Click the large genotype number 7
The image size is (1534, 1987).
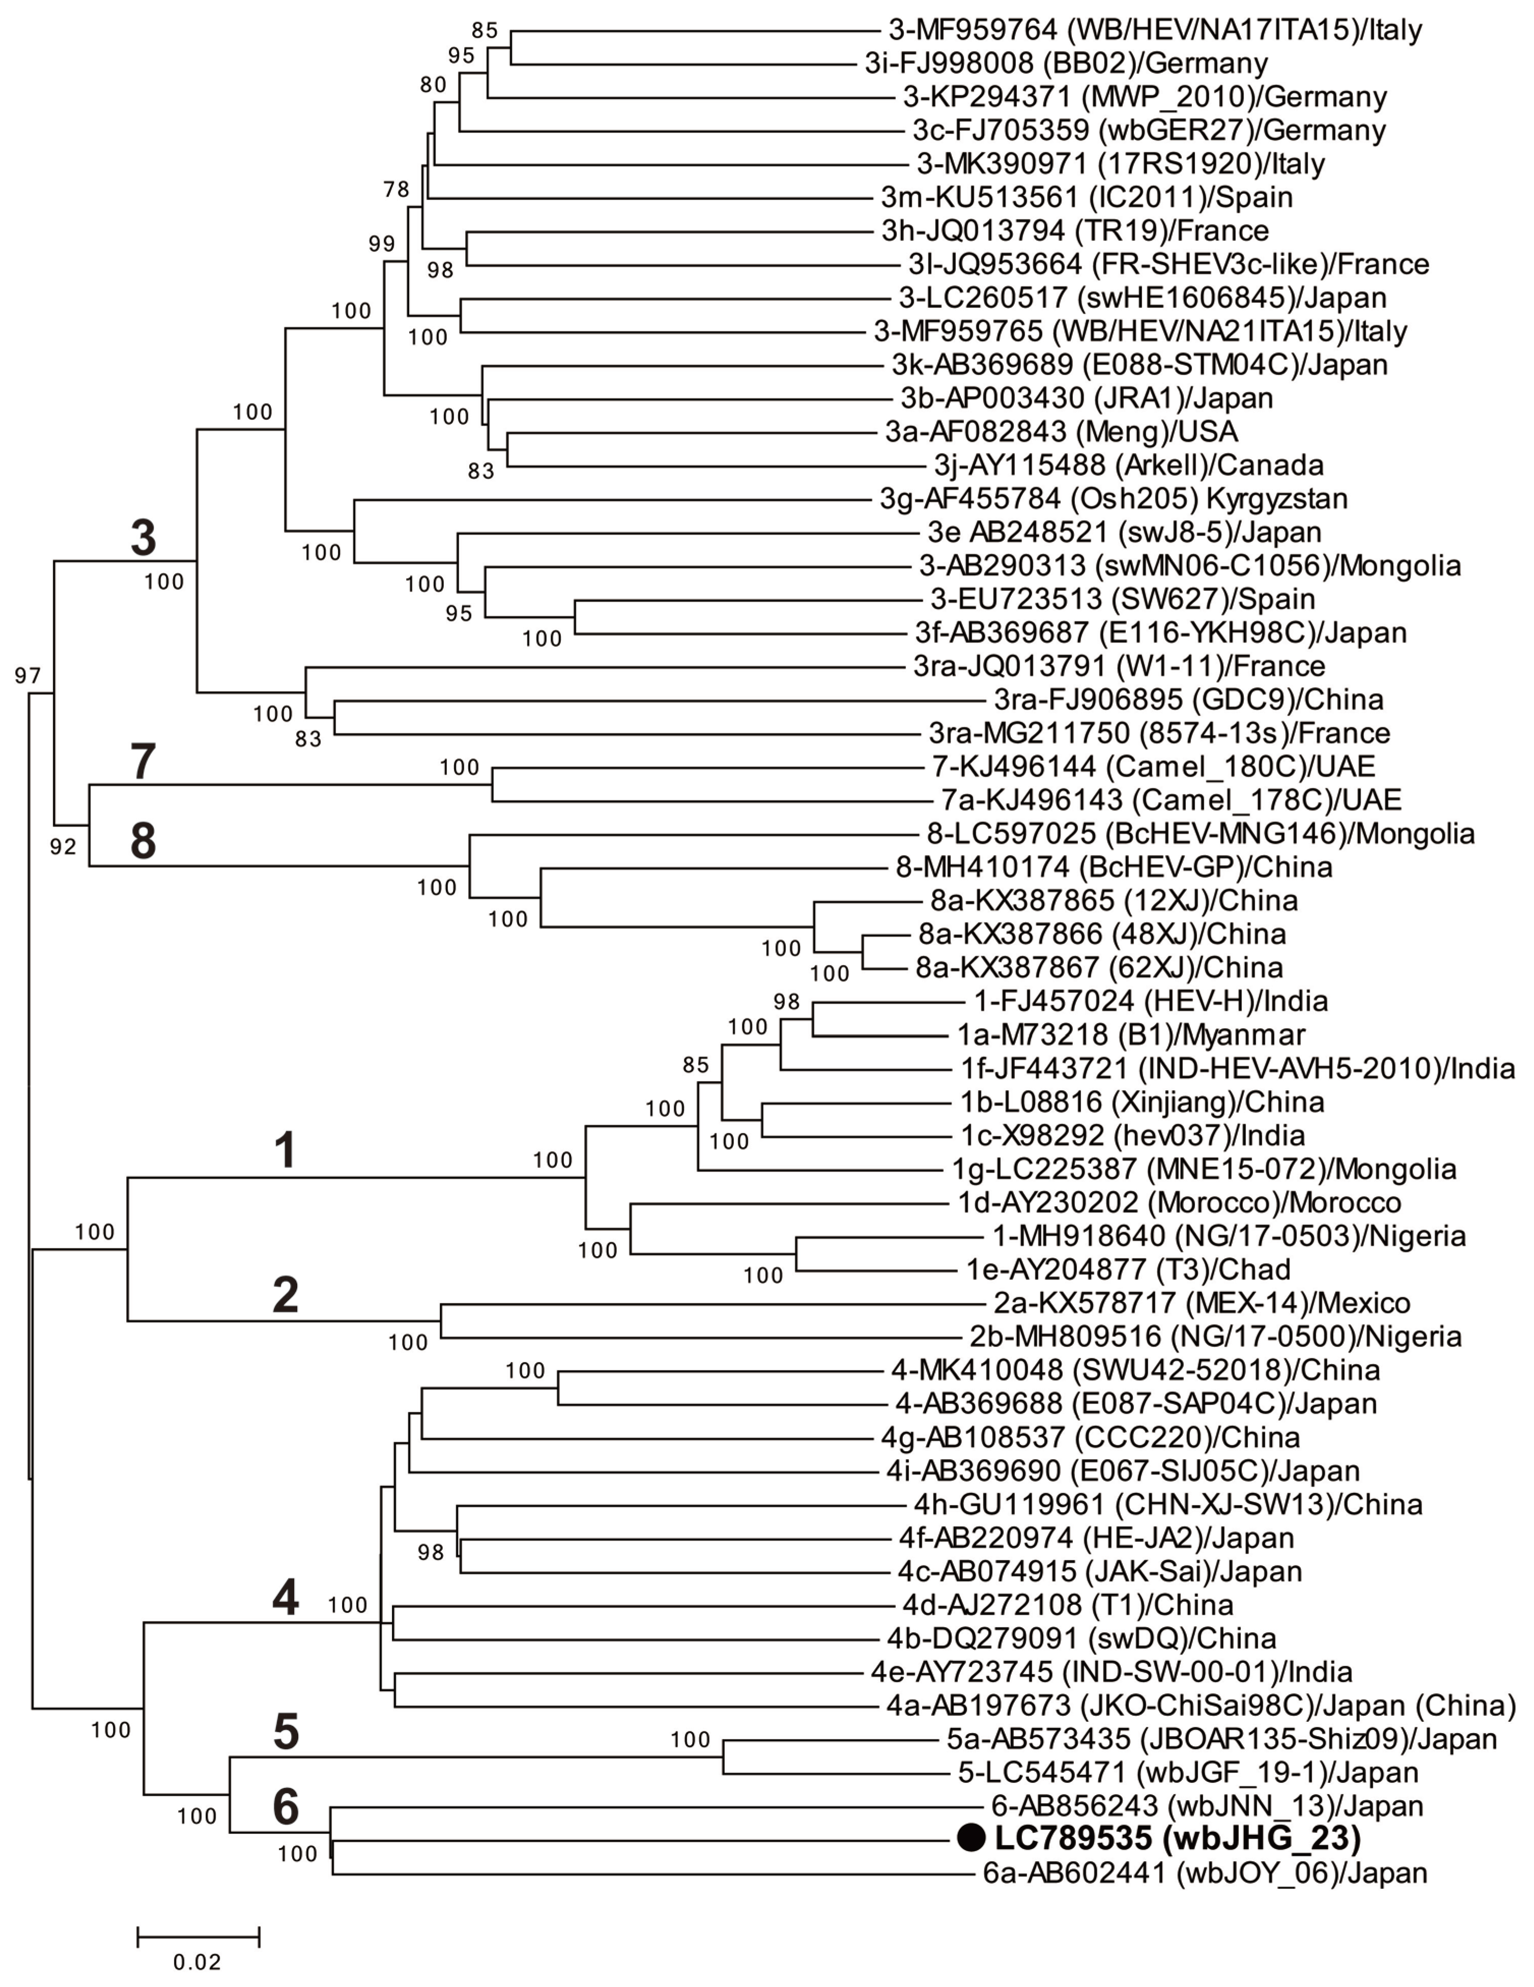point(144,762)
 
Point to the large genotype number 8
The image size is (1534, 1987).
point(143,841)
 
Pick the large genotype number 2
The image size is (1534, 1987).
point(286,1295)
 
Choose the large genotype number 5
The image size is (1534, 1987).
point(286,1733)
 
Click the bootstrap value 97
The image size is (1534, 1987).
point(27,676)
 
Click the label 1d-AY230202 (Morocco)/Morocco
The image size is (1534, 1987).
point(1179,1203)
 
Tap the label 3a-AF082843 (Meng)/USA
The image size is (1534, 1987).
point(1061,431)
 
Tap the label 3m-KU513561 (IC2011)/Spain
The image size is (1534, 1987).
point(1086,196)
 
